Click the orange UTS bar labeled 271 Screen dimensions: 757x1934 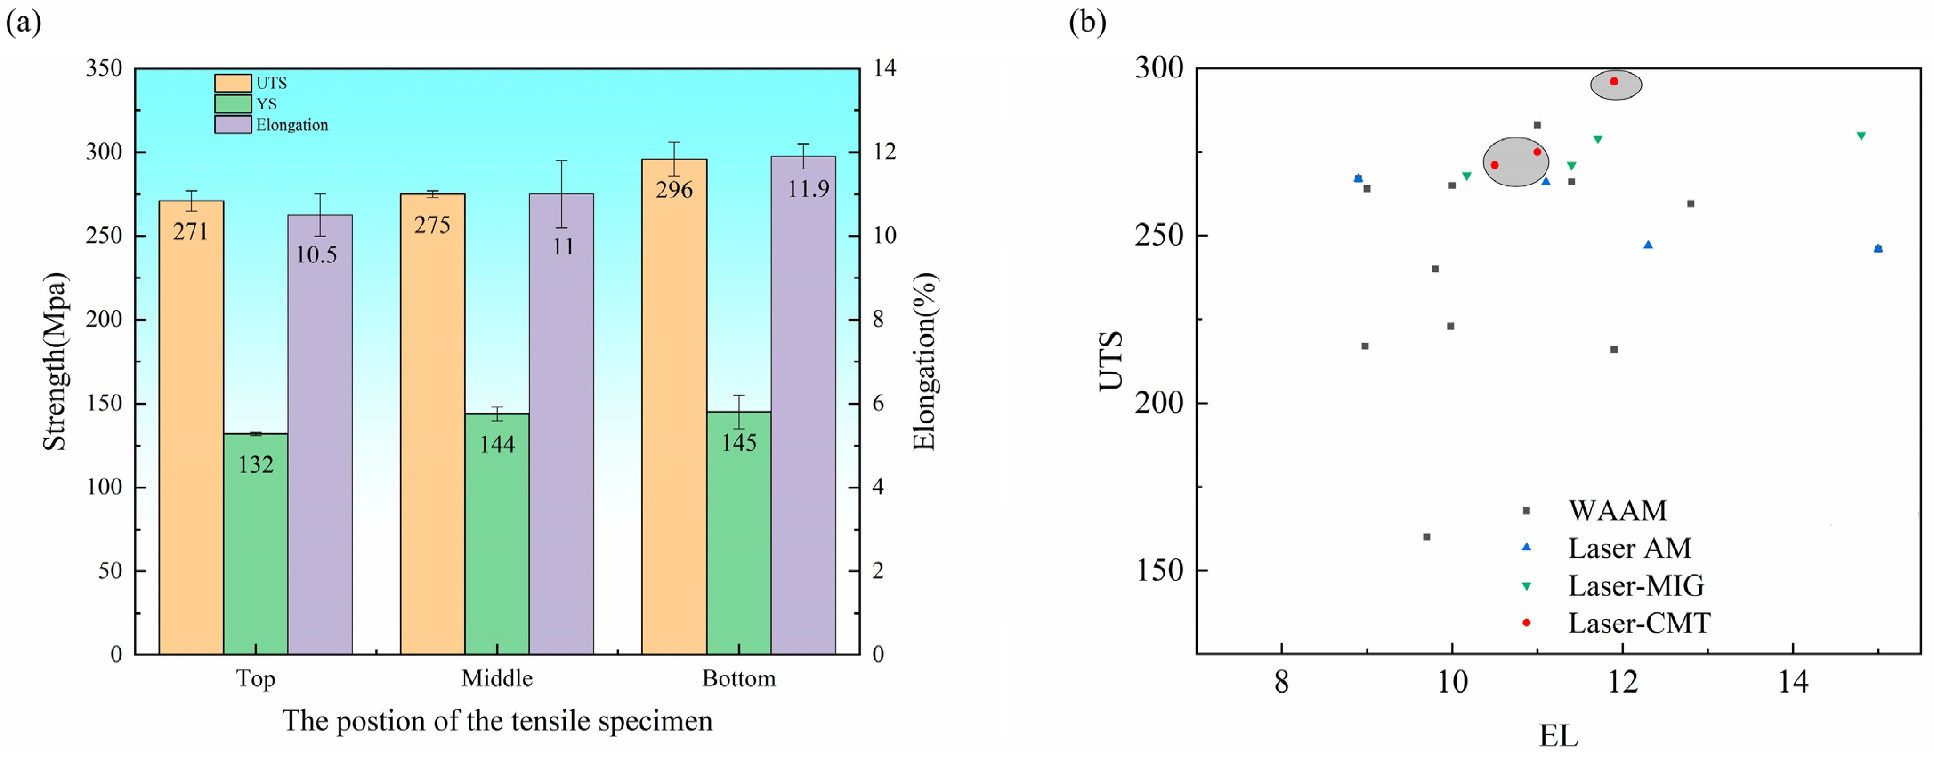point(191,427)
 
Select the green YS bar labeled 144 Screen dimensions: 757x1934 point(497,533)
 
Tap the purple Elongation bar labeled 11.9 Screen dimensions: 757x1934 point(803,405)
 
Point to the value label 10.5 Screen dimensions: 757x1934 point(316,255)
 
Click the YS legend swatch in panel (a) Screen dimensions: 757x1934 point(233,104)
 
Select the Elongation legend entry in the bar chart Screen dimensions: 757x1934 point(291,125)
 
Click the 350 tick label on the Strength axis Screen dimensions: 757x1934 point(104,68)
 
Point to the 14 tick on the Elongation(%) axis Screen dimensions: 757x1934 point(884,68)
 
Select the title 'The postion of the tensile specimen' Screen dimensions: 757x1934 point(497,721)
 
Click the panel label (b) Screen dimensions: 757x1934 point(1087,23)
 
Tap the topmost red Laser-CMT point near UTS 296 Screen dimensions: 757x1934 point(1614,81)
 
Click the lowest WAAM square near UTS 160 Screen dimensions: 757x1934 point(1427,537)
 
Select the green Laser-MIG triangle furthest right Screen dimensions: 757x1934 point(1861,136)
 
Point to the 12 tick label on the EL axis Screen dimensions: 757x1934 point(1622,682)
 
